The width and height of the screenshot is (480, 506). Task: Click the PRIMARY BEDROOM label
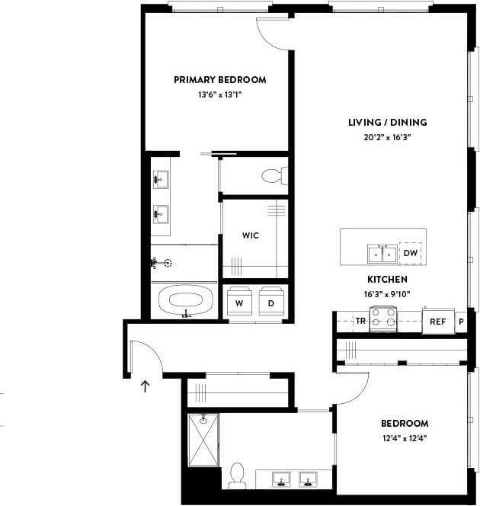point(219,80)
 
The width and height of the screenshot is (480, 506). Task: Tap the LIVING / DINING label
point(387,123)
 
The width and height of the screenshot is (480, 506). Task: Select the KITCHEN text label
point(387,280)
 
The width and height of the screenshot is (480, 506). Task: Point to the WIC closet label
point(250,235)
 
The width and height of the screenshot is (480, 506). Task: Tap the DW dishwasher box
point(410,253)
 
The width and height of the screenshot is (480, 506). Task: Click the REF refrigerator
point(438,322)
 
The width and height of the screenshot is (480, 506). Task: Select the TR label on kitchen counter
point(360,322)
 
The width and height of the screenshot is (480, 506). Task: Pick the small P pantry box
point(460,322)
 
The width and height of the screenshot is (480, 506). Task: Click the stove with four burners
point(384,320)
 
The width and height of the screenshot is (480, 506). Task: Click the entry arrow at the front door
point(145,386)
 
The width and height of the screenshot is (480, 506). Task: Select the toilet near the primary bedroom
point(273,177)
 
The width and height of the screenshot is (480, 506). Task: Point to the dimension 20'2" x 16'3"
point(387,138)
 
